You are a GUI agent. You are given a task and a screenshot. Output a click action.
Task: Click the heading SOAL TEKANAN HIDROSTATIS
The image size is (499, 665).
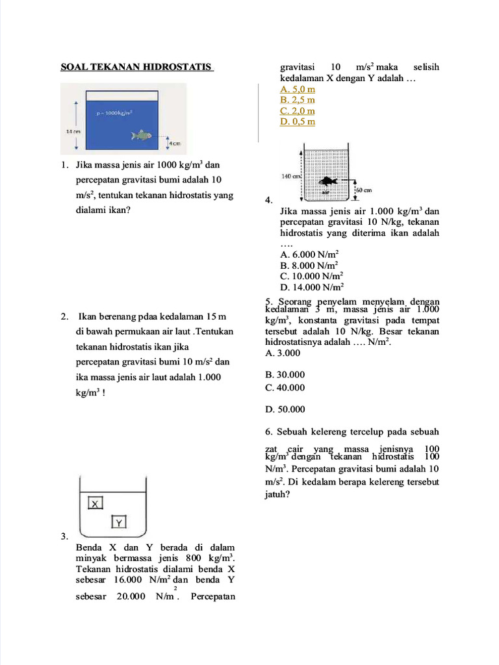(136, 67)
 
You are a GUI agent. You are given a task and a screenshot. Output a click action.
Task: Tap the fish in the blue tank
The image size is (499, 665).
(141, 135)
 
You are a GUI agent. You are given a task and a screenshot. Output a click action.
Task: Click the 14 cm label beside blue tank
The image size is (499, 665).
(73, 131)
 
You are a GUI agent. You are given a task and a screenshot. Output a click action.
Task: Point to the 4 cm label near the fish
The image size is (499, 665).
(175, 143)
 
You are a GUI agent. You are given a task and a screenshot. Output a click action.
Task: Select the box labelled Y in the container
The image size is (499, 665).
(118, 521)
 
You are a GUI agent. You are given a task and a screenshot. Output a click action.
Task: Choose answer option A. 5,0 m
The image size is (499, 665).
(298, 89)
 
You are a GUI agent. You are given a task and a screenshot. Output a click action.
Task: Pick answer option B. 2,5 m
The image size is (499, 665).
(298, 100)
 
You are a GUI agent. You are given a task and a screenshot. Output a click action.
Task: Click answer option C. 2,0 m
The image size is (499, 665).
(298, 110)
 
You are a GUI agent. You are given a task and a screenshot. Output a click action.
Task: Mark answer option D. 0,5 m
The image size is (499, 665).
(298, 121)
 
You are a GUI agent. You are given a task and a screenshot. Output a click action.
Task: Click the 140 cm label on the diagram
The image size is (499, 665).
(290, 176)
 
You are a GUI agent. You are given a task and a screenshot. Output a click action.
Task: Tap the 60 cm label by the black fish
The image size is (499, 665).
(363, 190)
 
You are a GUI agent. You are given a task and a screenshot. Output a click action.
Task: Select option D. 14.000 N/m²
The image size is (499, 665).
(312, 287)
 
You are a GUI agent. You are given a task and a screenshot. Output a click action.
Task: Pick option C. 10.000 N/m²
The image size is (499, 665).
(312, 277)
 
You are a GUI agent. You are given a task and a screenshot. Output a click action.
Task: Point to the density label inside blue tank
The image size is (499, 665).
(114, 112)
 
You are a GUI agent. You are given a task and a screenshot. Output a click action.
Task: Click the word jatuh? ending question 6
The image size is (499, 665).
(277, 494)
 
